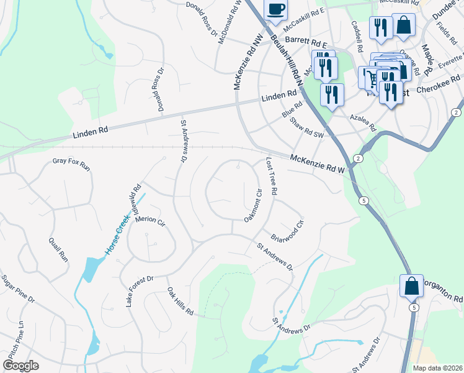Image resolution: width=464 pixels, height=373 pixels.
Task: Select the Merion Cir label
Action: [x=151, y=221]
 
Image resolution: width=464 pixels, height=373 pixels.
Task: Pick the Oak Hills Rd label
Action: [x=180, y=301]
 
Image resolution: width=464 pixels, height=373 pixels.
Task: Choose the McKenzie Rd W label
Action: [x=317, y=164]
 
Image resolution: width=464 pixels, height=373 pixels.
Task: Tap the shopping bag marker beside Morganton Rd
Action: [x=411, y=287]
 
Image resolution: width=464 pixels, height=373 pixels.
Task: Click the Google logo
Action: [x=21, y=365]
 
